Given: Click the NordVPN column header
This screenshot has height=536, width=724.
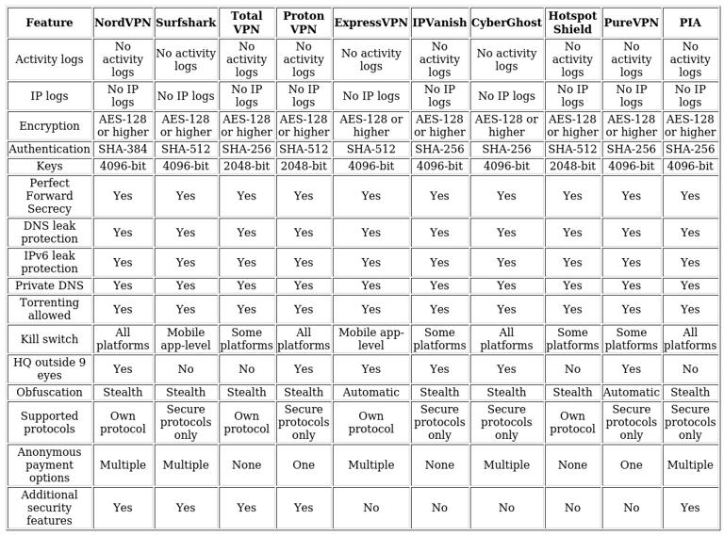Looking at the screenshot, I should point(123,23).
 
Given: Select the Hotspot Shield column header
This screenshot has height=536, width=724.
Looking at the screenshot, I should point(572,23).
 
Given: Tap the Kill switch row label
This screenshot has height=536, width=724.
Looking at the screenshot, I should point(49,339).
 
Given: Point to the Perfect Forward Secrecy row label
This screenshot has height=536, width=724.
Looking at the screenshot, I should point(49,196).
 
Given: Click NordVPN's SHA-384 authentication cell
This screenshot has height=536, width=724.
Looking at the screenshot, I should point(123,149).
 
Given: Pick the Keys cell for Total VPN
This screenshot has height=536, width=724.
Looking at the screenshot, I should point(247,166).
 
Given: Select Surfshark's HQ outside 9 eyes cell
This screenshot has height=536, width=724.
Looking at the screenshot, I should point(186,369).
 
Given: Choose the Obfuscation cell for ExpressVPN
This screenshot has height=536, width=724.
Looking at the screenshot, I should point(371,392).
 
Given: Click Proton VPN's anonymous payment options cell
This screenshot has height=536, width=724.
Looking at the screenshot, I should point(304,464).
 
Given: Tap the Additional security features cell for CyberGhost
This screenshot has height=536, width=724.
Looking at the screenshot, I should point(506,508).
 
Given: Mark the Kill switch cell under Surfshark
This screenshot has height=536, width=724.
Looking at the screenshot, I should point(186,339).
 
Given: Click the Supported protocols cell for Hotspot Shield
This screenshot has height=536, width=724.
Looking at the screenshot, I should point(572,422).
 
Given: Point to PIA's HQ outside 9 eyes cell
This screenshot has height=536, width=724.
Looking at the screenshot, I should point(690,369).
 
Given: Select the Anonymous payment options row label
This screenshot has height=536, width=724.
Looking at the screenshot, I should point(49,464).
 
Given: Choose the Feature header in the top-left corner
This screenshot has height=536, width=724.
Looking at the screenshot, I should point(49,23).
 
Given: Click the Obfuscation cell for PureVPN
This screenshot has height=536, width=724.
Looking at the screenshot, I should point(632,392).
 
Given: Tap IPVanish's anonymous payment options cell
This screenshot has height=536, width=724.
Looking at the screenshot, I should point(439,464).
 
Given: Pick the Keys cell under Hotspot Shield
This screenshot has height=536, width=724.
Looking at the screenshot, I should point(572,166).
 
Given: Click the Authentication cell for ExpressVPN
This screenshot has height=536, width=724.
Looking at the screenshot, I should point(371,149).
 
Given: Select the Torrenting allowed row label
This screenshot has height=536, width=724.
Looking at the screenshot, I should point(49,309).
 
